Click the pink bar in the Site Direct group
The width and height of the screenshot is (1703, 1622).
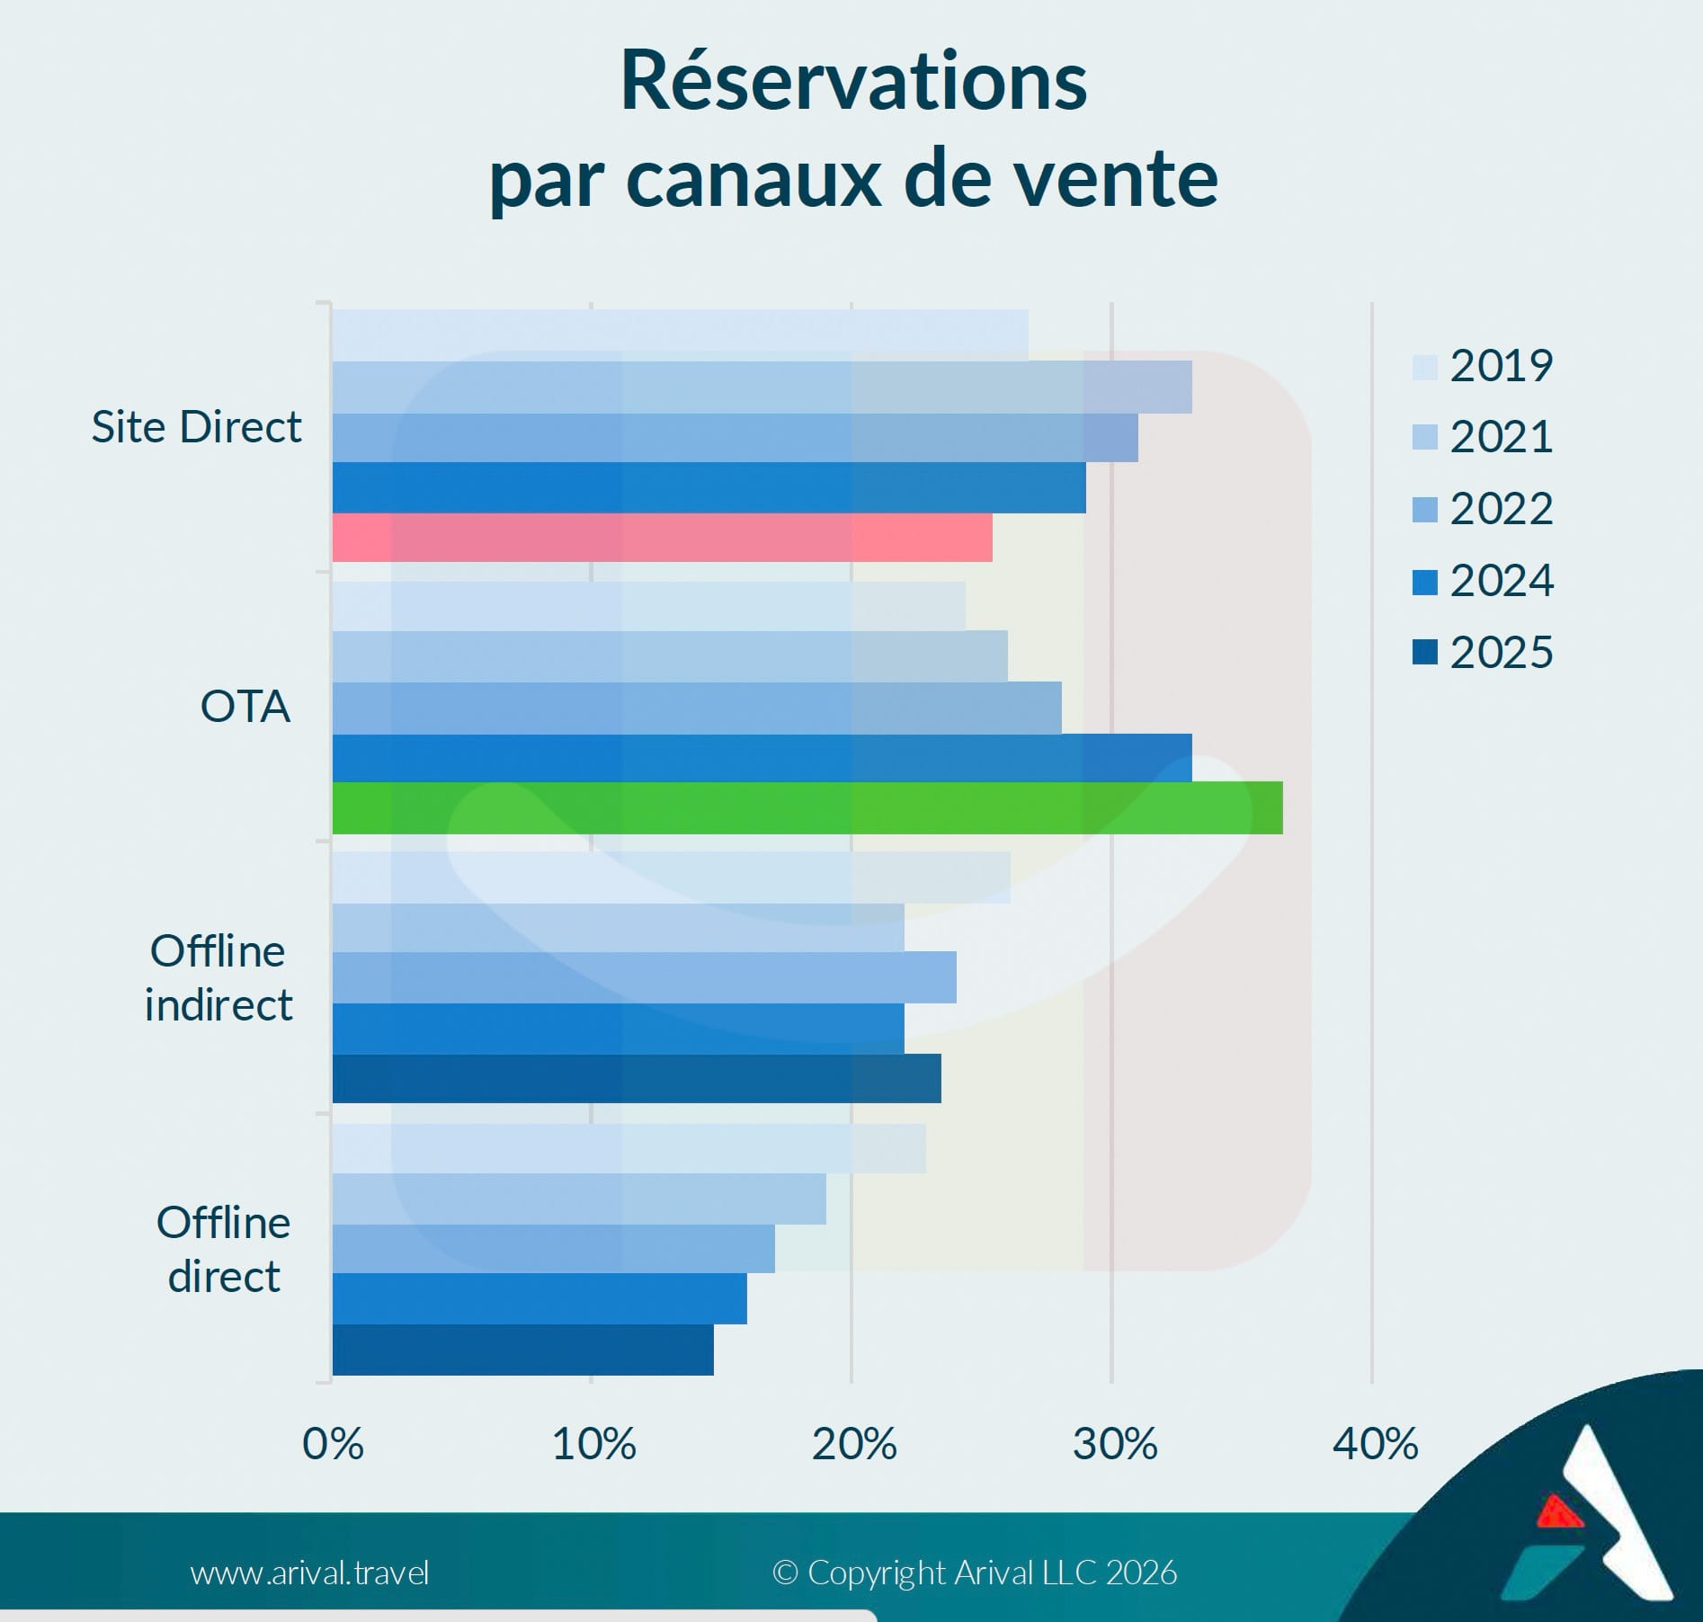(663, 538)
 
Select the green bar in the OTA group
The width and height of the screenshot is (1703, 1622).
(807, 808)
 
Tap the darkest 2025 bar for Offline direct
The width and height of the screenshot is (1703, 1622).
(523, 1350)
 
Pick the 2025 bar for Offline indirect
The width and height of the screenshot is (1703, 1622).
(637, 1078)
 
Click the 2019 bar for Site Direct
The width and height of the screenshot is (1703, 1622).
(681, 335)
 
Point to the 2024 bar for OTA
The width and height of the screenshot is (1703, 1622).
(762, 758)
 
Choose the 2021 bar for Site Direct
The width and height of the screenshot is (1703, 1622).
(762, 388)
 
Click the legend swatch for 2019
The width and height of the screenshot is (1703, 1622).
(1425, 367)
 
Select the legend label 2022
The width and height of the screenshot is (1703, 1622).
(1502, 509)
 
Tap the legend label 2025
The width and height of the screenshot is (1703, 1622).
(1502, 653)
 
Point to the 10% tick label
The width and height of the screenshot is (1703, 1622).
(593, 1445)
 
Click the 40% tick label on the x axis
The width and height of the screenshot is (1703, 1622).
(1375, 1445)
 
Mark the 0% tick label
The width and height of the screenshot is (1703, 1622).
(334, 1445)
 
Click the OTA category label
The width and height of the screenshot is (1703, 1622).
(245, 707)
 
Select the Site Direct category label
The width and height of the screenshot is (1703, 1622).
(196, 426)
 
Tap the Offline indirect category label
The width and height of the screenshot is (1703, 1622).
(218, 977)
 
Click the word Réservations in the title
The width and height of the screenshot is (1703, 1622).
(853, 83)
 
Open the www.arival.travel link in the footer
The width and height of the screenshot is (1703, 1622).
(309, 1573)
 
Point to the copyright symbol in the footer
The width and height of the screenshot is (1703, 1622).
(785, 1573)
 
